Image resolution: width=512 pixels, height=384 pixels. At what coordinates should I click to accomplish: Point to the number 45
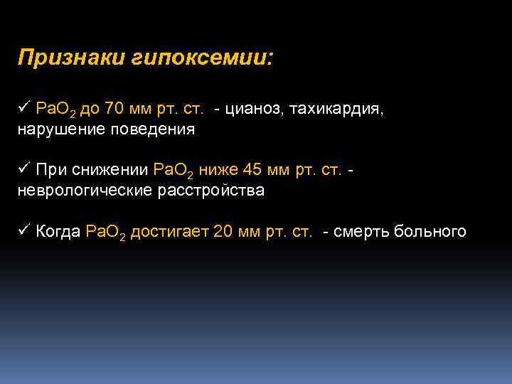pos(253,171)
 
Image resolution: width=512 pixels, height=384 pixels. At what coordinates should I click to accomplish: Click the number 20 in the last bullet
pos(223,232)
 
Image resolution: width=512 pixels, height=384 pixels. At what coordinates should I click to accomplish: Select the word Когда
pos(58,232)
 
